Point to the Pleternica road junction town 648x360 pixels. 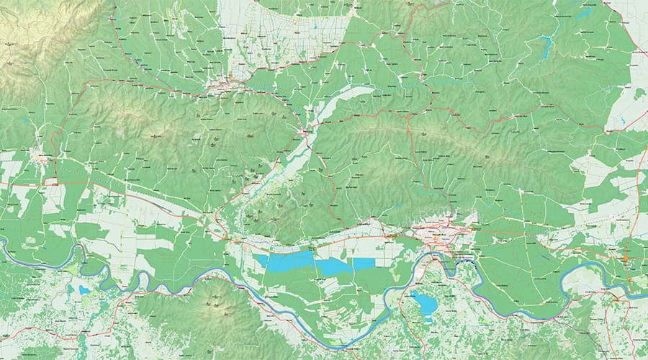tap(308, 132)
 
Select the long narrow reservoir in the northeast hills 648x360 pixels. tap(547, 47)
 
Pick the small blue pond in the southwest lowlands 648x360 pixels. tap(84, 289)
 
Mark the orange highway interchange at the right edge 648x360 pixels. tap(626, 258)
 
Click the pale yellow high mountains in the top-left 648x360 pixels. tap(29, 29)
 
